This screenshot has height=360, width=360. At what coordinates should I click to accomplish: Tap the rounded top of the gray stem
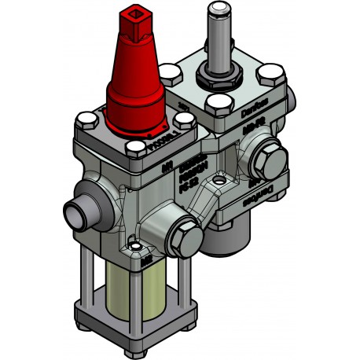click(216, 9)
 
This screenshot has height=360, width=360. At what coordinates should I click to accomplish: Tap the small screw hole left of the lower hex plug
click(139, 249)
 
